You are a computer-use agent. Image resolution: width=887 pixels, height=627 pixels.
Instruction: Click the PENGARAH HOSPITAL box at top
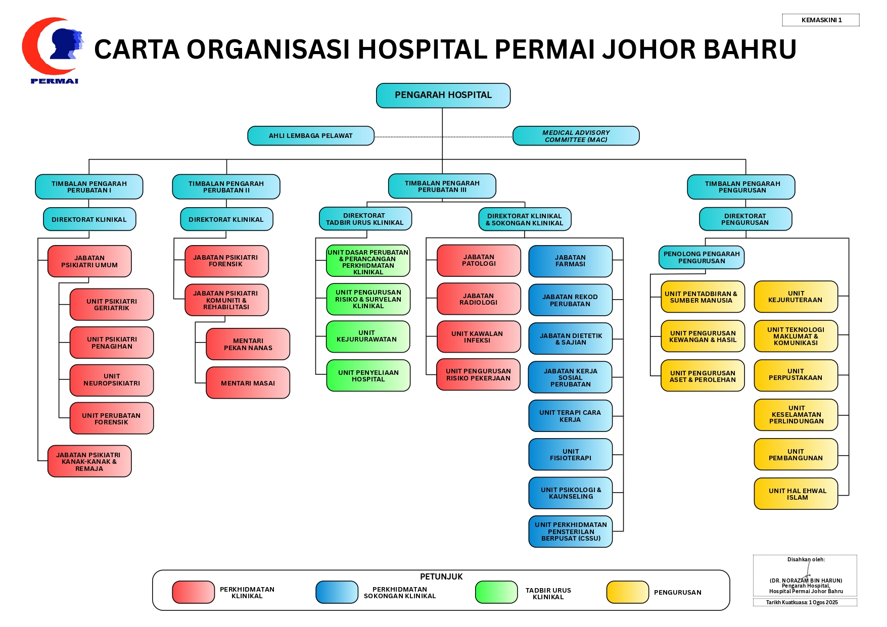pyautogui.click(x=443, y=95)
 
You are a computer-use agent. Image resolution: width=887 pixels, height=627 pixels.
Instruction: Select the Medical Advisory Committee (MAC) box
pyautogui.click(x=576, y=136)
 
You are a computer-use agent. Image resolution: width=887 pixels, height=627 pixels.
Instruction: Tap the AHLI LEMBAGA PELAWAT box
pyautogui.click(x=311, y=136)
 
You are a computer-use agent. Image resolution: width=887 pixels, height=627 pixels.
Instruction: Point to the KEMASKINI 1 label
pyautogui.click(x=821, y=20)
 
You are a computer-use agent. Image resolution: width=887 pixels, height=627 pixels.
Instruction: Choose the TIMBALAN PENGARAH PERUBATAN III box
pyautogui.click(x=442, y=186)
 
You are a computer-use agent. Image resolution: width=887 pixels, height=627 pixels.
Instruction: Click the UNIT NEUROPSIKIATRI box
pyautogui.click(x=112, y=380)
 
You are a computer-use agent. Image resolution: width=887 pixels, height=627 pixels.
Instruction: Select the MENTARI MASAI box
pyautogui.click(x=248, y=383)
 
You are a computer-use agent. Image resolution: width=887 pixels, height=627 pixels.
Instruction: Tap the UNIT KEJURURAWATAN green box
pyautogui.click(x=368, y=336)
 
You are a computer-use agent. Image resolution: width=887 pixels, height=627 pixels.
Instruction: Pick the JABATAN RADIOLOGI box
pyautogui.click(x=479, y=299)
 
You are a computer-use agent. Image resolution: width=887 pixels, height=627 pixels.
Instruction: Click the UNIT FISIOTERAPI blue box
pyautogui.click(x=571, y=455)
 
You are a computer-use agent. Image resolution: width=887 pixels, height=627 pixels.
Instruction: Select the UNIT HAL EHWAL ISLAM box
pyautogui.click(x=796, y=494)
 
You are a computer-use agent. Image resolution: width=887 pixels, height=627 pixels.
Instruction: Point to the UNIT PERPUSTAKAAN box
pyautogui.click(x=796, y=375)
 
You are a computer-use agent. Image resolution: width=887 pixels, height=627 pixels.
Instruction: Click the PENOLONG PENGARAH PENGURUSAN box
pyautogui.click(x=702, y=258)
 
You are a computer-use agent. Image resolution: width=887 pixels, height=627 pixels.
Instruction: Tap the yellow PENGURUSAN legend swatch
pyautogui.click(x=628, y=592)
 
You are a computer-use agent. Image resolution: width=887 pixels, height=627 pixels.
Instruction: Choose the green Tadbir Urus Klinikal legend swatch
pyautogui.click(x=496, y=592)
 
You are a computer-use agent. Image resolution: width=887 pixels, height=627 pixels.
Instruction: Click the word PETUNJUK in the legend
pyautogui.click(x=441, y=577)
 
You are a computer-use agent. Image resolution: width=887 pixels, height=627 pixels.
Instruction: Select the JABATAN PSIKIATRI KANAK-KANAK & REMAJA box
pyautogui.click(x=89, y=461)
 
